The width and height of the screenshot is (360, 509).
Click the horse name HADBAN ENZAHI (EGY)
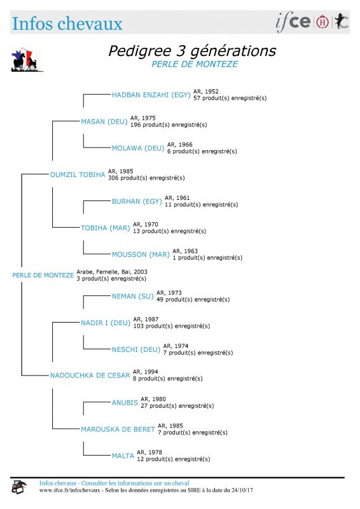[x=151, y=95]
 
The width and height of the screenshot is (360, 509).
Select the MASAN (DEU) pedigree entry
[x=104, y=122]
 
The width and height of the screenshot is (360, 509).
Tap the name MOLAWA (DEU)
[x=138, y=148]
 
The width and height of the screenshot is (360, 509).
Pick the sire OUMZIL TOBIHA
[x=78, y=174]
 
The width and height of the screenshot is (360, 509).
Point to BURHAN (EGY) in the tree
[x=137, y=202]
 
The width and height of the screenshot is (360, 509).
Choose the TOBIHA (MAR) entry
[x=106, y=228]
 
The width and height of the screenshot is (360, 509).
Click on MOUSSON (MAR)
[x=141, y=255]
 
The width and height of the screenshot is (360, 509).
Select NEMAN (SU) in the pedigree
[x=133, y=296]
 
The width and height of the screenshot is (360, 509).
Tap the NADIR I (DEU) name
[x=106, y=323]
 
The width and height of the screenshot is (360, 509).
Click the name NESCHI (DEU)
[x=136, y=349]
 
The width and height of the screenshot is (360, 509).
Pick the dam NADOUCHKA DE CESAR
[x=90, y=375]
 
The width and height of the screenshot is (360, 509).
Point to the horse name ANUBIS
[x=125, y=403]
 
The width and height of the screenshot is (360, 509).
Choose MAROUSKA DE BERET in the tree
[x=118, y=429]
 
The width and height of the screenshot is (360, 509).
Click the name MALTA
[x=123, y=456]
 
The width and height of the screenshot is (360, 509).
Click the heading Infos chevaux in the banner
[x=67, y=24]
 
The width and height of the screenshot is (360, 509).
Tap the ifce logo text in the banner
[x=293, y=22]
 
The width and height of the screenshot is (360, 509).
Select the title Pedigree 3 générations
[x=192, y=51]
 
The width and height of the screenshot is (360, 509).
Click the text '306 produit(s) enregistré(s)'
[x=146, y=178]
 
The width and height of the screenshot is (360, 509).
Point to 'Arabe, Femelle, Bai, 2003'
[x=112, y=272]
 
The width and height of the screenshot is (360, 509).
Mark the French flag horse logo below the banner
[x=27, y=60]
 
